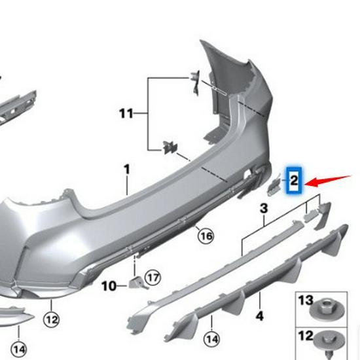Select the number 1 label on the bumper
click(126, 170)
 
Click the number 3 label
click(264, 209)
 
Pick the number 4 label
click(260, 316)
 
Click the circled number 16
click(206, 235)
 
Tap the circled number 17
click(153, 278)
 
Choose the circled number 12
click(52, 319)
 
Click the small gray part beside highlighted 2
click(274, 183)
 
